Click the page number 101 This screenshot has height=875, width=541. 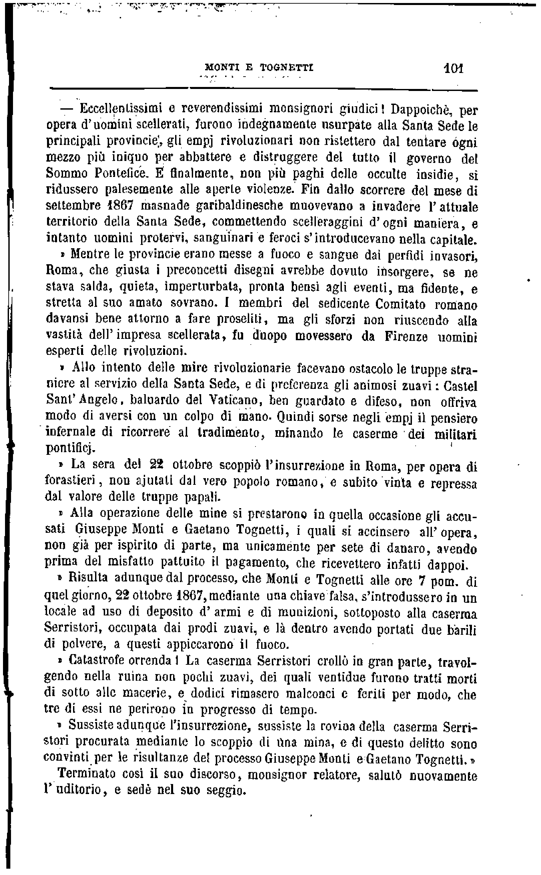pyautogui.click(x=453, y=68)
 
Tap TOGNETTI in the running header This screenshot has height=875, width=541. pyautogui.click(x=286, y=68)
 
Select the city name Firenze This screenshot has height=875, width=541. pyautogui.click(x=406, y=337)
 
